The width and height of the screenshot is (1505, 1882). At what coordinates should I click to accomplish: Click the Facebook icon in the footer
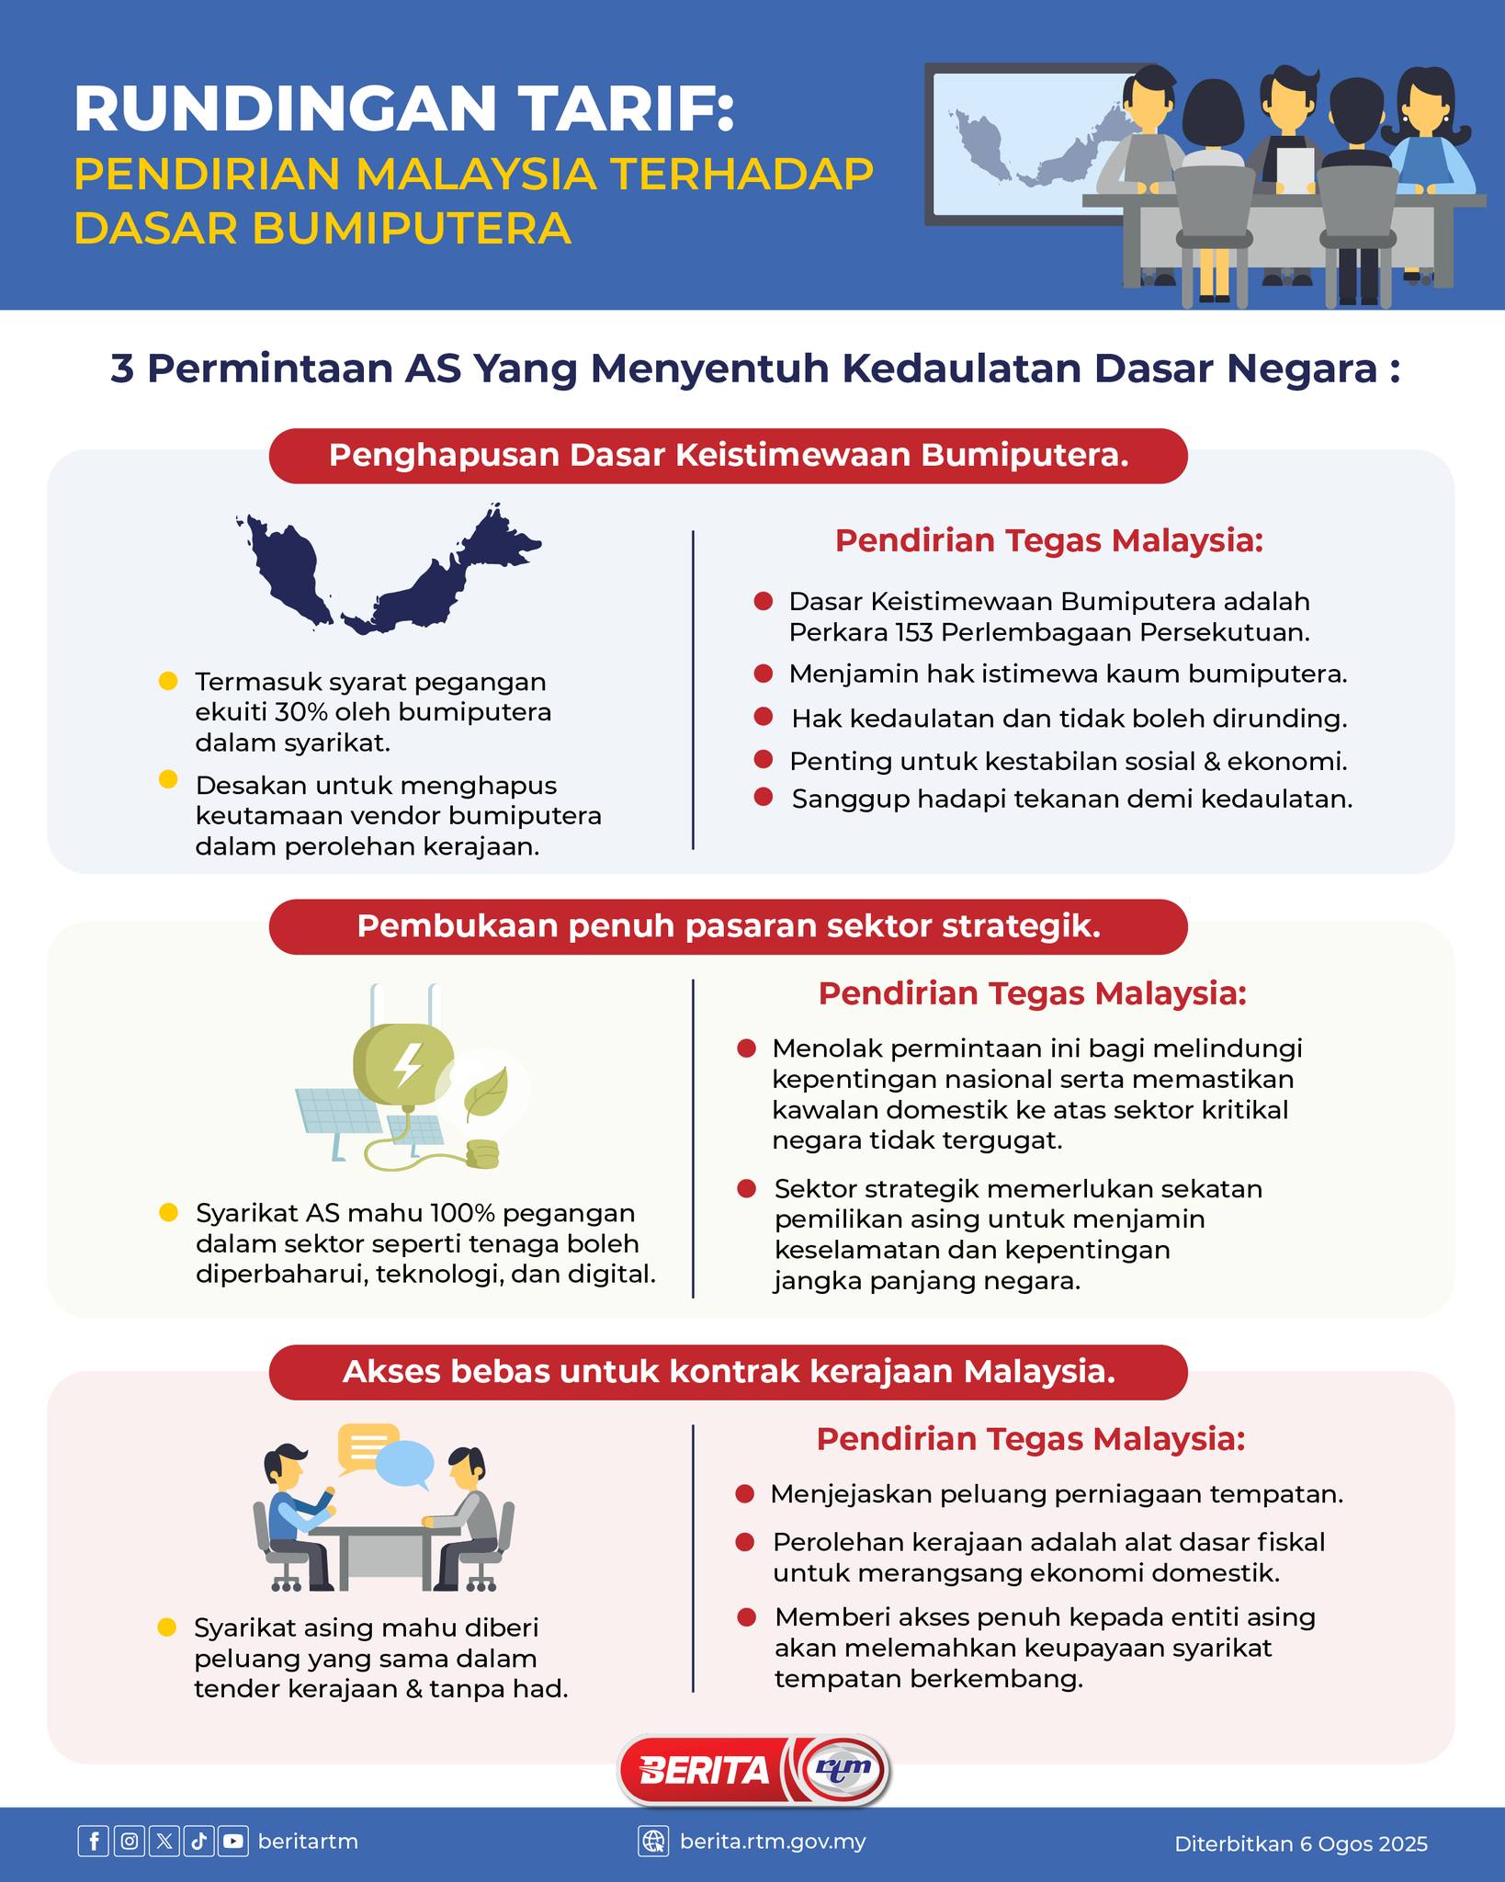tap(93, 1842)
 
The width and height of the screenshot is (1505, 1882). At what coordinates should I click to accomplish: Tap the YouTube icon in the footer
tap(233, 1842)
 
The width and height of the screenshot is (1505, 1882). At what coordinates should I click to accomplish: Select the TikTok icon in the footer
tap(198, 1842)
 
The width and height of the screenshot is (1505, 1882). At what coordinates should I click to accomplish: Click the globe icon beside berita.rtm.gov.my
tap(653, 1842)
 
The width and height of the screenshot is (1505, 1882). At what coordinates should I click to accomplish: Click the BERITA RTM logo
tap(752, 1770)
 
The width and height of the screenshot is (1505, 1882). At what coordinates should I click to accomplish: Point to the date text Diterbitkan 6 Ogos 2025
tap(1300, 1843)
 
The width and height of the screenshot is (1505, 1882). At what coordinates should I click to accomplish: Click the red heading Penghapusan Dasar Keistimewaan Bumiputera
tap(728, 456)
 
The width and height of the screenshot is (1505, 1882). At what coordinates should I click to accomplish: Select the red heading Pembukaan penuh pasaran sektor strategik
tap(728, 926)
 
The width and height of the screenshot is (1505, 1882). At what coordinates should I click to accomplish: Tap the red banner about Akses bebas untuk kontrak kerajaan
tap(728, 1372)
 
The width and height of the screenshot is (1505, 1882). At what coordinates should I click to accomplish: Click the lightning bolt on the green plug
tap(407, 1064)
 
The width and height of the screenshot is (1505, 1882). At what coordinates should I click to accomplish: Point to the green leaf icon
tap(486, 1092)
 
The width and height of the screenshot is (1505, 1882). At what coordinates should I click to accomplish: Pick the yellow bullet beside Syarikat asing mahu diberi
tap(167, 1627)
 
